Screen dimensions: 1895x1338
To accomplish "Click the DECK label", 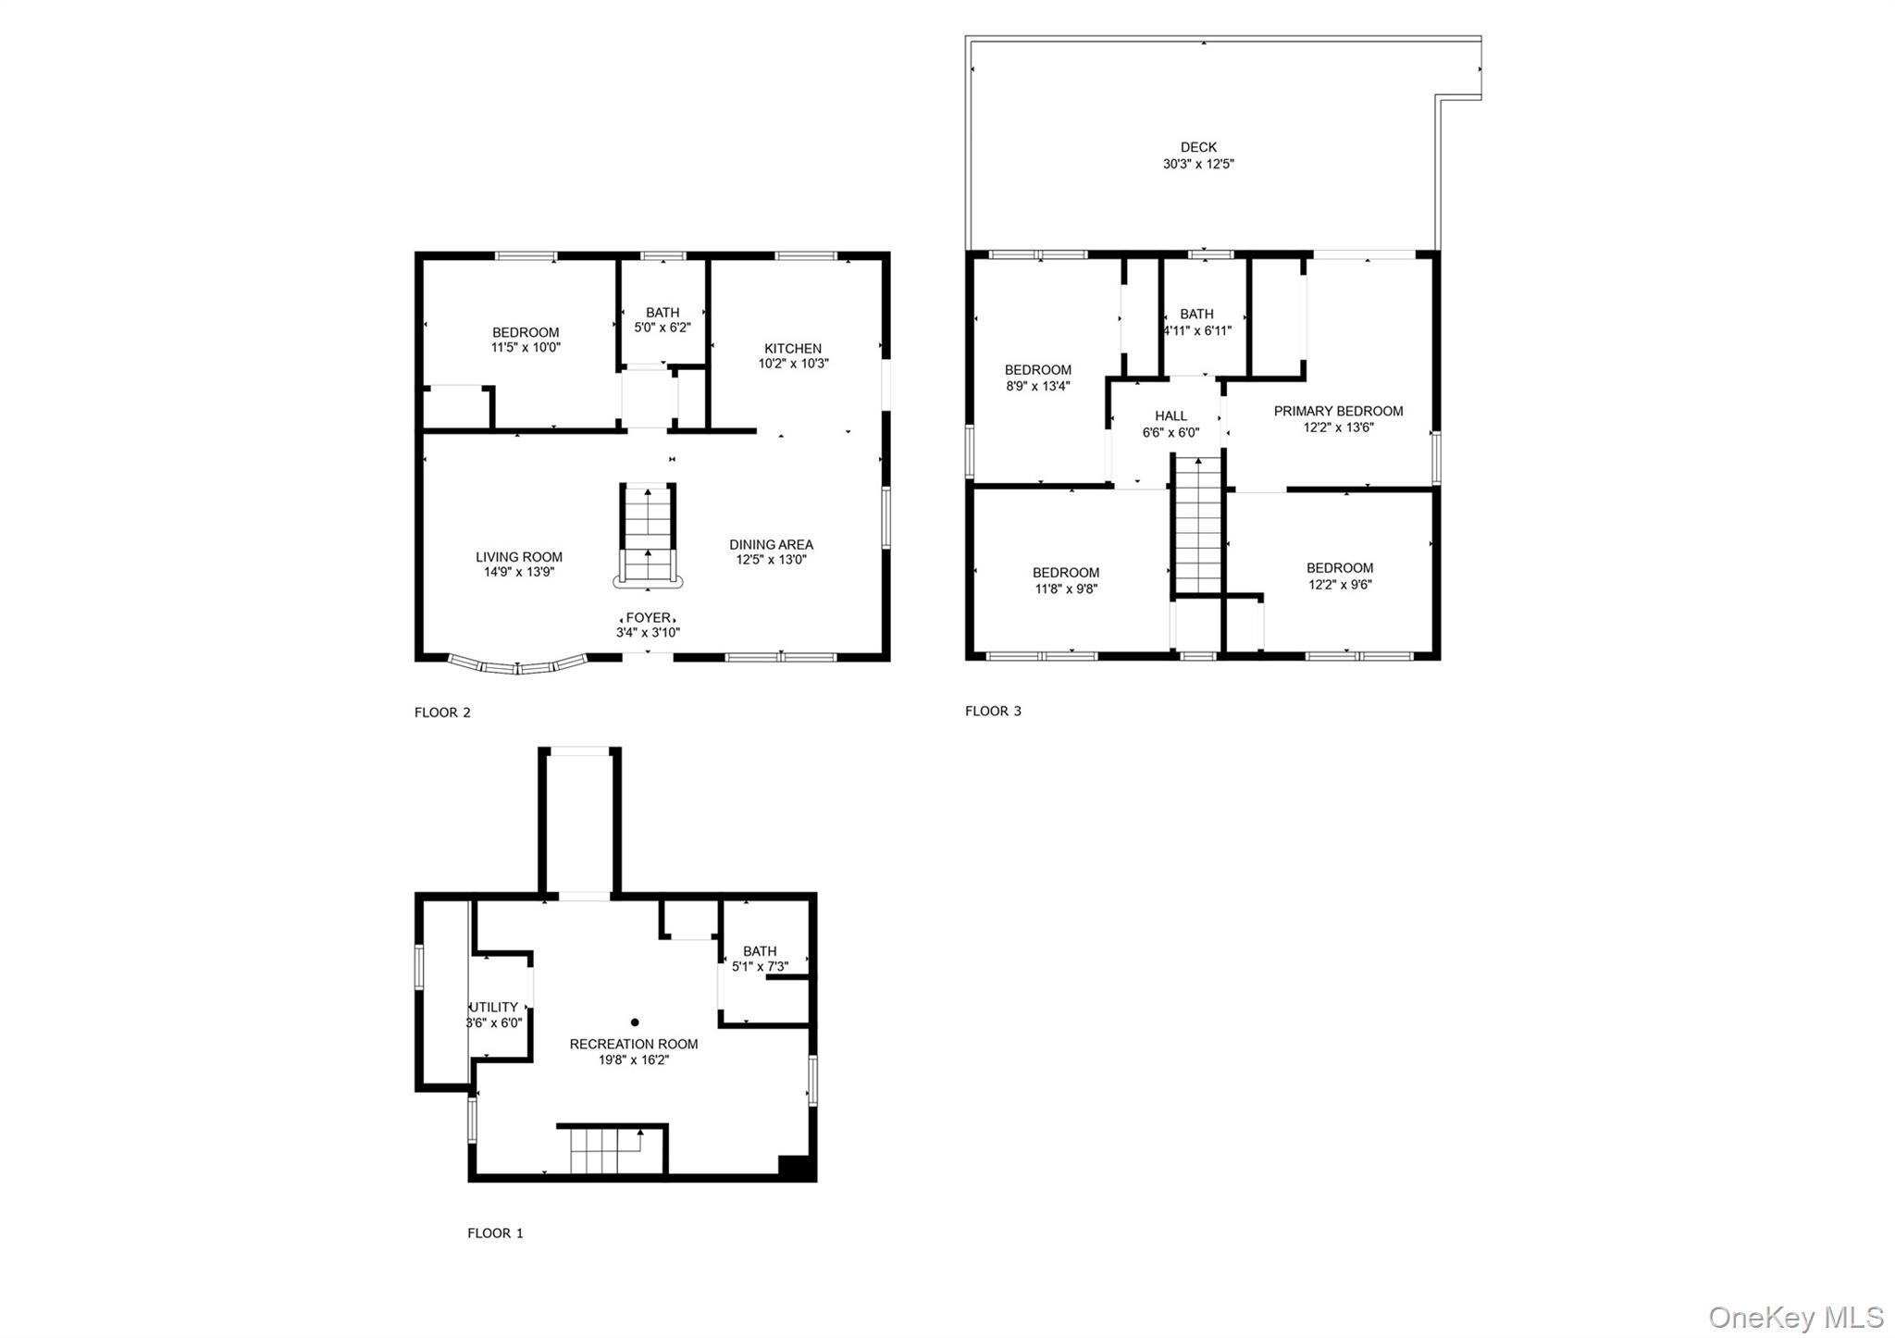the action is [1198, 147].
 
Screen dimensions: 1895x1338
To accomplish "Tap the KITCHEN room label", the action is [793, 349].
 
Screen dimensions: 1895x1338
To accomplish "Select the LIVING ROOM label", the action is [519, 557].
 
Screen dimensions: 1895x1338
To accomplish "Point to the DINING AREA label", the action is [771, 545].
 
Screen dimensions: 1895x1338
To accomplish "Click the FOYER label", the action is [649, 618].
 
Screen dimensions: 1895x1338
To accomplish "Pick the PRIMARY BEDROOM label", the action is [1338, 411].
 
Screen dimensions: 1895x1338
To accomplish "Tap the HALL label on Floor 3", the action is [1170, 416].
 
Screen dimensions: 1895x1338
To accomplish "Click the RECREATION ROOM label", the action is [634, 1044].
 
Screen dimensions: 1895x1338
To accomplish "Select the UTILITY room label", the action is [494, 1008].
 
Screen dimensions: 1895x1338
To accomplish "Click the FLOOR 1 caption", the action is [495, 1233].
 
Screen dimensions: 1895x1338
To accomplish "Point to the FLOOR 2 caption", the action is [442, 712].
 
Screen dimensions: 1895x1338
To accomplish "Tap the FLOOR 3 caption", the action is [993, 711].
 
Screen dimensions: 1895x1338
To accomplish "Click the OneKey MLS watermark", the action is [1796, 1317].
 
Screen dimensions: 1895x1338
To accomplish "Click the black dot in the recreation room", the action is [635, 1022].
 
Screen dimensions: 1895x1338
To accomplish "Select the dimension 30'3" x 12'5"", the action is [1198, 164].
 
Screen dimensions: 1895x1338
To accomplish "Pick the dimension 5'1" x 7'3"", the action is [760, 967].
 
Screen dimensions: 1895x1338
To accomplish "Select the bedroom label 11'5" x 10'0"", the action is [526, 348].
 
